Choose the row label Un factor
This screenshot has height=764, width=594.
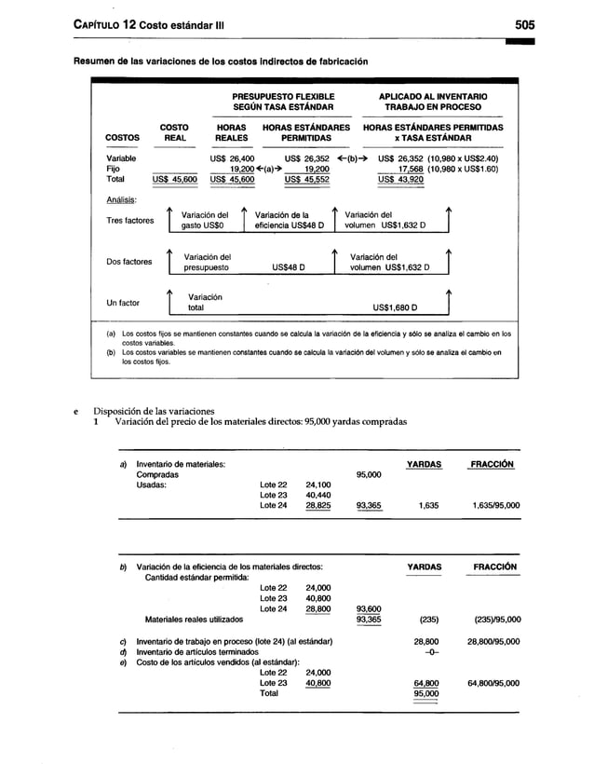coord(123,303)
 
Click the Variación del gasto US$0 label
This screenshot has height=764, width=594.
coord(205,220)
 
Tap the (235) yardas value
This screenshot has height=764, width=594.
coord(428,618)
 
